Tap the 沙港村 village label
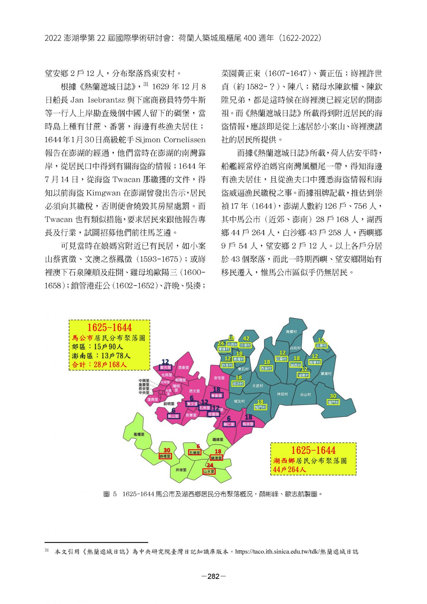point(245,345)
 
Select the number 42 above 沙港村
point(246,339)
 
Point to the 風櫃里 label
point(139,434)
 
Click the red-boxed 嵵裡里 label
point(165,456)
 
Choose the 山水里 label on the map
point(209,471)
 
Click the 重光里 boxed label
point(166,368)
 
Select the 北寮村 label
point(321,346)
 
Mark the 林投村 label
point(282,394)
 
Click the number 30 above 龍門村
point(333,396)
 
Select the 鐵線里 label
point(218,440)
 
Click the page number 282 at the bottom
point(213,576)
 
